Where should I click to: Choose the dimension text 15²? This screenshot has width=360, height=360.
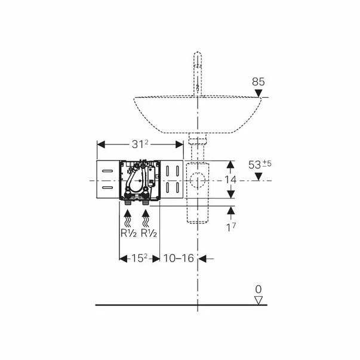(138, 258)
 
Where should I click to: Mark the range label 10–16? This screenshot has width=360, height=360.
(179, 258)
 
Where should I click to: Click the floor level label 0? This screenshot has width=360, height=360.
(258, 290)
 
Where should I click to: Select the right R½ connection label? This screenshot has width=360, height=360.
(149, 233)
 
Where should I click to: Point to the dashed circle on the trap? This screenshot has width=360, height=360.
(198, 180)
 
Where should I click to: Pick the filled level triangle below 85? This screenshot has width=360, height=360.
(258, 92)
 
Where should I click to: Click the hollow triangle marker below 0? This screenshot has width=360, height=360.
(258, 300)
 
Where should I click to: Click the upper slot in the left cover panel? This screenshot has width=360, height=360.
(107, 171)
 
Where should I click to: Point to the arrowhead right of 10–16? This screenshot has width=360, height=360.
(203, 258)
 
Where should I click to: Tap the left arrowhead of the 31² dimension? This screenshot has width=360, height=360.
(100, 144)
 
